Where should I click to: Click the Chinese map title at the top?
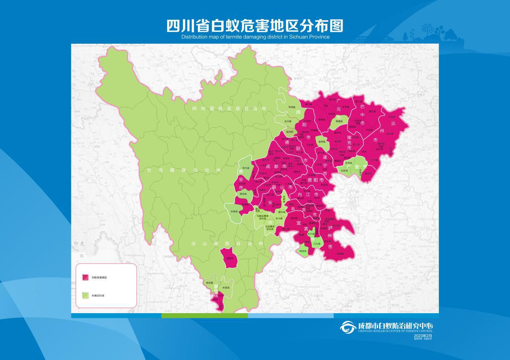pyautogui.click(x=255, y=25)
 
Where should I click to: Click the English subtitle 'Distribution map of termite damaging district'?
pyautogui.click(x=255, y=37)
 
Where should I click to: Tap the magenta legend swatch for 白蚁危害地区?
pyautogui.click(x=86, y=277)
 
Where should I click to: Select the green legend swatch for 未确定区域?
pyautogui.click(x=86, y=295)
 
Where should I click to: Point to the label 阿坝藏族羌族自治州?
pyautogui.click(x=229, y=109)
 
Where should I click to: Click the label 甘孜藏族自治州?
pyautogui.click(x=184, y=170)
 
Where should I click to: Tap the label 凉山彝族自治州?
pyautogui.click(x=227, y=244)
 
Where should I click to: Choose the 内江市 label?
pyautogui.click(x=308, y=195)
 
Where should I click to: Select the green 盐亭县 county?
pyautogui.click(x=322, y=142)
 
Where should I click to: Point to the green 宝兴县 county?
pyautogui.click(x=245, y=170)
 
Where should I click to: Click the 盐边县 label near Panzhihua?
pyautogui.click(x=209, y=283)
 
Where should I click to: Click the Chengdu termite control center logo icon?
pyautogui.click(x=348, y=327)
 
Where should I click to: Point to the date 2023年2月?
pyautogui.click(x=423, y=335)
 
